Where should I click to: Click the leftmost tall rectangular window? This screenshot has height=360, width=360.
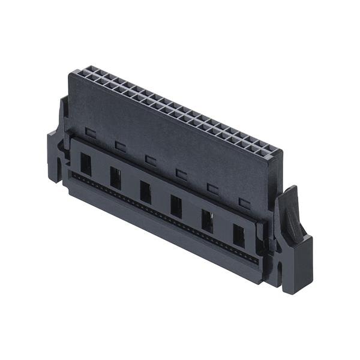[86, 164]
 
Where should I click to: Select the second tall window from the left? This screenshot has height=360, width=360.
[115, 178]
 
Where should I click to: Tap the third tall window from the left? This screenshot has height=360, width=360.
[145, 192]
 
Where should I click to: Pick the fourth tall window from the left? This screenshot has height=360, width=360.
[176, 206]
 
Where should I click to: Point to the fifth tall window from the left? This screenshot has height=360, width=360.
[207, 221]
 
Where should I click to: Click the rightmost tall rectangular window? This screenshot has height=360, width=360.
[238, 236]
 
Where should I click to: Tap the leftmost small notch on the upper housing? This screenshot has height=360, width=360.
[90, 132]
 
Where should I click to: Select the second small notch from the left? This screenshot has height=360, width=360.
[120, 146]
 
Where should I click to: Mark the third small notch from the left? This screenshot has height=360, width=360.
[150, 160]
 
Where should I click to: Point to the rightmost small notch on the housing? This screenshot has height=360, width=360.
[244, 203]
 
